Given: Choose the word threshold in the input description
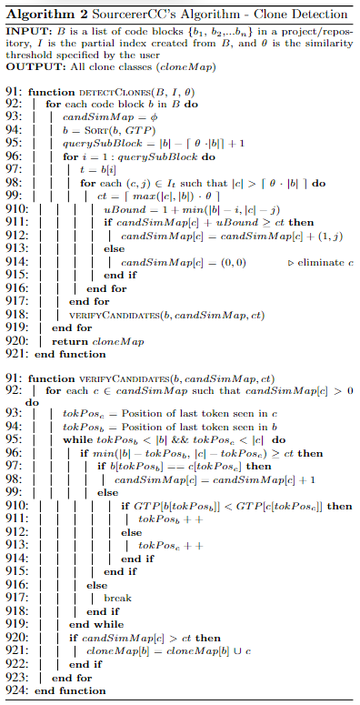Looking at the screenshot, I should point(29,56).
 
